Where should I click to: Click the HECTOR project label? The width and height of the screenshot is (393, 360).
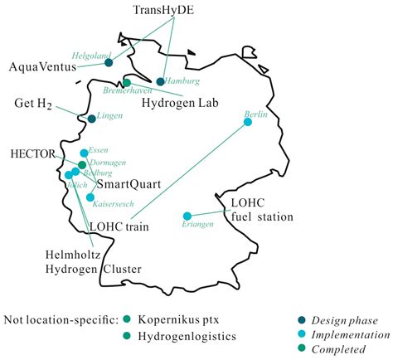(33, 154)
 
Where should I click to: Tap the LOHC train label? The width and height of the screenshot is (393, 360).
(117, 225)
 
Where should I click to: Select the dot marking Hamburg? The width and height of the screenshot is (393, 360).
(160, 81)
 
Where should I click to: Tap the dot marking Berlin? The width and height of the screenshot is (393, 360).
(246, 123)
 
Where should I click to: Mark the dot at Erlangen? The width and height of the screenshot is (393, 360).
(187, 216)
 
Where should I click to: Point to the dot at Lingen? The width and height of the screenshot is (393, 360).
(91, 119)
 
